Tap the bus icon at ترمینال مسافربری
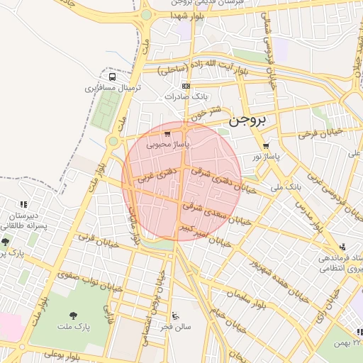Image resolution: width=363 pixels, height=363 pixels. (x=112, y=77)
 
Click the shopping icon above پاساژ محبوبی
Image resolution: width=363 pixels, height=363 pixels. (x=167, y=133)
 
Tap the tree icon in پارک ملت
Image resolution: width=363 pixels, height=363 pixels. (x=73, y=315)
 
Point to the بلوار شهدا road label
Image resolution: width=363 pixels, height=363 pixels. (x=187, y=15)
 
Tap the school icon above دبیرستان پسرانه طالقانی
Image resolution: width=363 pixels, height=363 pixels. (x=23, y=205)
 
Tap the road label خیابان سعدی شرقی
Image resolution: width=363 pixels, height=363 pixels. (x=208, y=208)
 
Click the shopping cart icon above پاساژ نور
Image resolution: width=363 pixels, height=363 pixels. (x=266, y=145)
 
